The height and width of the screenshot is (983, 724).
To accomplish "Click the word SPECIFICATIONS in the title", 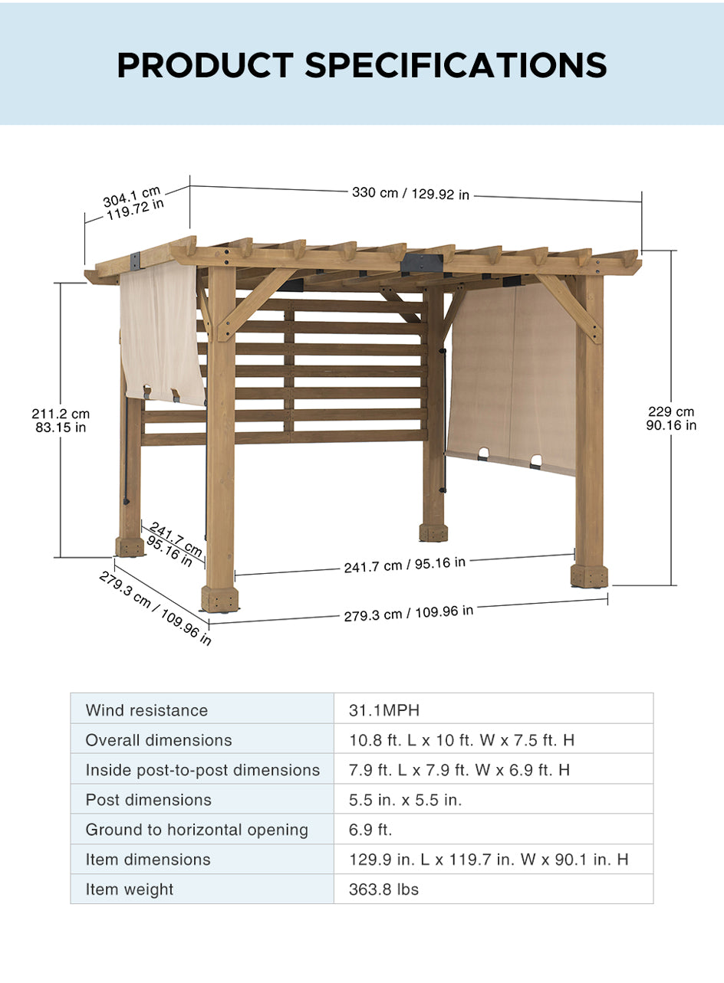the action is pyautogui.click(x=456, y=65).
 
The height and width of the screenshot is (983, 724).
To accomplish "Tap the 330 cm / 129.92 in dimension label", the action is pyautogui.click(x=411, y=194).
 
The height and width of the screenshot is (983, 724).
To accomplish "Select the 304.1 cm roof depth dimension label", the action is pyautogui.click(x=133, y=203).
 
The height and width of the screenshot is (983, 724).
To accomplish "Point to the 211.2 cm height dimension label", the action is pyautogui.click(x=61, y=421).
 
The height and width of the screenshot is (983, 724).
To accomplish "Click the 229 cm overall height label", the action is pyautogui.click(x=671, y=418).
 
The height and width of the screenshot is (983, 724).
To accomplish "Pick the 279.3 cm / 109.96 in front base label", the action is pyautogui.click(x=409, y=614).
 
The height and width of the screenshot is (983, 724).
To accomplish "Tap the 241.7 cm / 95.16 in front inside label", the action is pyautogui.click(x=405, y=565).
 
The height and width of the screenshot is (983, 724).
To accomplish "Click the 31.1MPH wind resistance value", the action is pyautogui.click(x=384, y=710).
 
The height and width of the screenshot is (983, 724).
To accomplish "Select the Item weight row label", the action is pyautogui.click(x=129, y=889).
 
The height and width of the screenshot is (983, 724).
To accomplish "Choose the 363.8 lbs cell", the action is pyautogui.click(x=383, y=889).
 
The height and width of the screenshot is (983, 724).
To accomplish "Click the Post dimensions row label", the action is pyautogui.click(x=149, y=800).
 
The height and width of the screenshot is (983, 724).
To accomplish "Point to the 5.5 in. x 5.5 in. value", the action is pyautogui.click(x=406, y=800).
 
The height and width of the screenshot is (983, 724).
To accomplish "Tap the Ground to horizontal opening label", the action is pyautogui.click(x=197, y=830).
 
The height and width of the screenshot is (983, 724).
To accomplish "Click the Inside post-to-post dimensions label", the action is pyautogui.click(x=202, y=770).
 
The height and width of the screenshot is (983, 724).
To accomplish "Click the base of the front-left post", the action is pyautogui.click(x=219, y=598).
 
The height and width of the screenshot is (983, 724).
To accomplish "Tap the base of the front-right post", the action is pyautogui.click(x=589, y=575).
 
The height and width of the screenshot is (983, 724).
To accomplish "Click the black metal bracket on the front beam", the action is pyautogui.click(x=421, y=263).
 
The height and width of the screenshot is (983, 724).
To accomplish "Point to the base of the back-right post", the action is pyautogui.click(x=433, y=532).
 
